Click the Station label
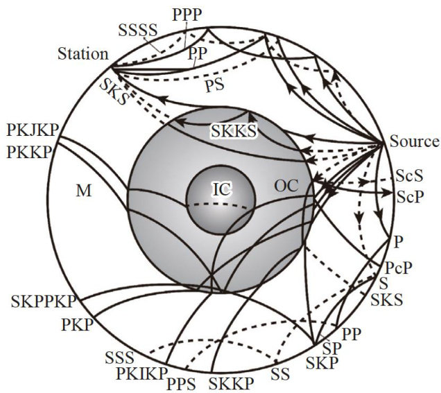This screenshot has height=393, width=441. (83, 53)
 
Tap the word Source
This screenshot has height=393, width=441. (415, 142)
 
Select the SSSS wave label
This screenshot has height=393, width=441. (139, 29)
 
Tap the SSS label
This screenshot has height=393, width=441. (120, 358)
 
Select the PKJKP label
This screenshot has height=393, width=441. (32, 130)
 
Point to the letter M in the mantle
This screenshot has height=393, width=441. (84, 191)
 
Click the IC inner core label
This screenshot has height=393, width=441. (220, 188)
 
